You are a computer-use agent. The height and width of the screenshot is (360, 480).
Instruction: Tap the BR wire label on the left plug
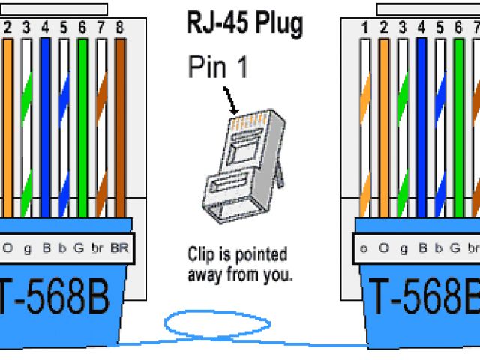(119, 247)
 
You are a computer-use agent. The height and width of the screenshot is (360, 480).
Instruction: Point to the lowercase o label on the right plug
(364, 247)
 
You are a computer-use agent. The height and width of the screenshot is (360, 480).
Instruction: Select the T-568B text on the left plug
(56, 298)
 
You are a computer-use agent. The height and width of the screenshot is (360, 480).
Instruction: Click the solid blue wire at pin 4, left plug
(45, 127)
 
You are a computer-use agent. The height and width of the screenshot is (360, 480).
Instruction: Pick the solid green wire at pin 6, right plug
(458, 127)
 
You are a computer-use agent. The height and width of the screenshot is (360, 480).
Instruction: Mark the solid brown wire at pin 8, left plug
(120, 127)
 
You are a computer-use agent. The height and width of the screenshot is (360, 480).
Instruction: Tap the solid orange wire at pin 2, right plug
(384, 127)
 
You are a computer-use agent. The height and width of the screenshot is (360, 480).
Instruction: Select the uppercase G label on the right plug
(455, 247)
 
